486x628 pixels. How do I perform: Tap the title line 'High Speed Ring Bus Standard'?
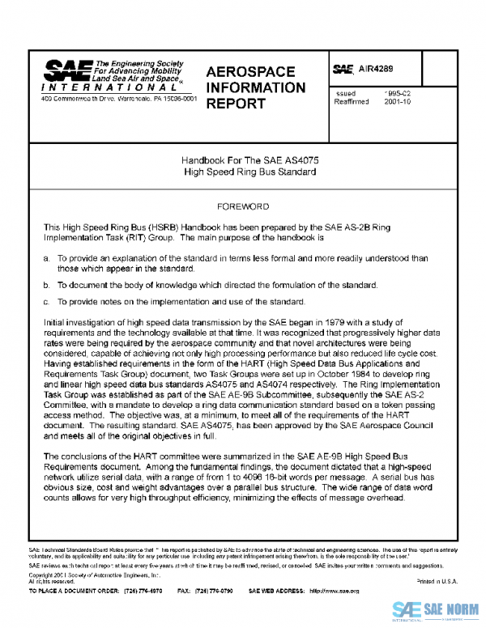click(243, 172)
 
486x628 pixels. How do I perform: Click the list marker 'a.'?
click(46, 257)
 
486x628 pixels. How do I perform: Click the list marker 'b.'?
click(46, 285)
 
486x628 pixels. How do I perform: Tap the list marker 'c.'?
click(46, 302)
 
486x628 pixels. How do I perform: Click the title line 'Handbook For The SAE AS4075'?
click(243, 161)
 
